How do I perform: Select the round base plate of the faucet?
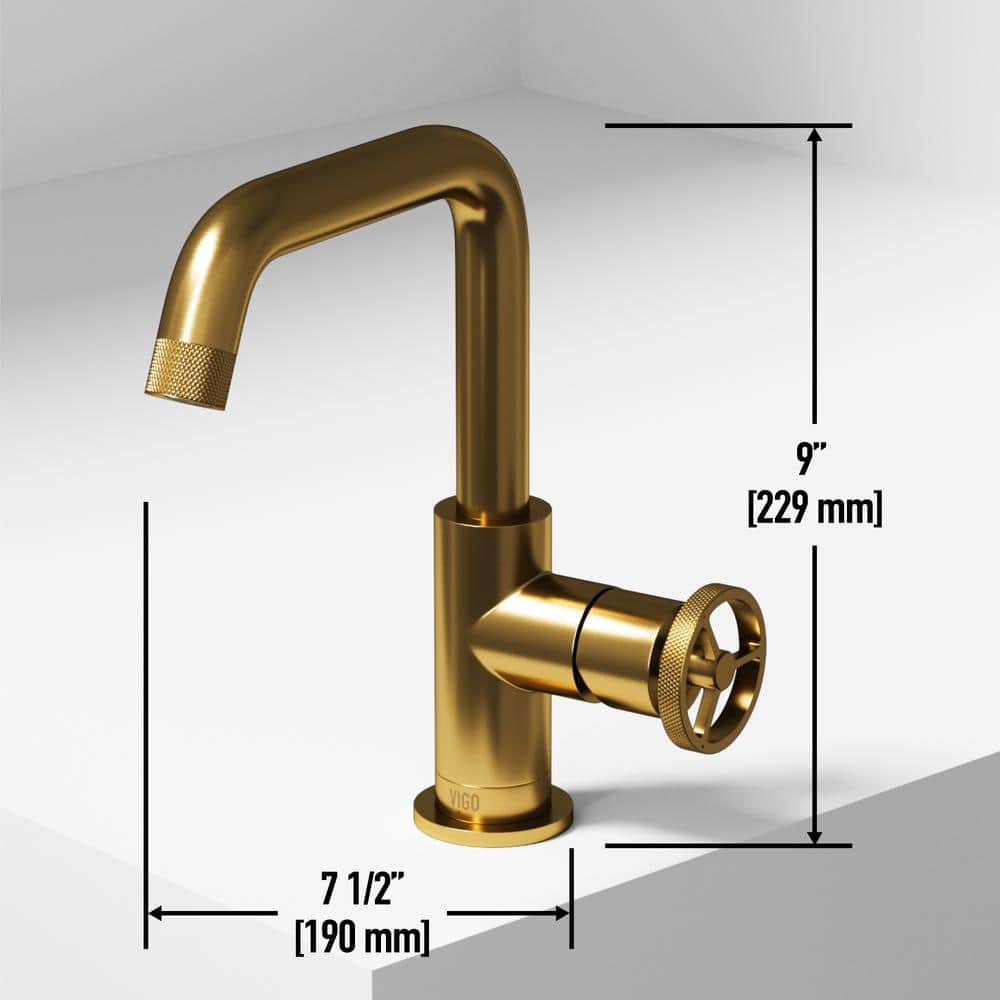tap(493, 822)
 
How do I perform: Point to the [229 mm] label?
tap(815, 509)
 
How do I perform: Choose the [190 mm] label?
tap(362, 938)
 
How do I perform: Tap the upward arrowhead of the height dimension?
tap(815, 137)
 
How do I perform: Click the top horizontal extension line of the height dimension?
tap(728, 126)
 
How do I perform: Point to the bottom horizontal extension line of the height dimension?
tap(728, 846)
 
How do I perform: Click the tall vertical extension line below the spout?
tap(146, 720)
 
